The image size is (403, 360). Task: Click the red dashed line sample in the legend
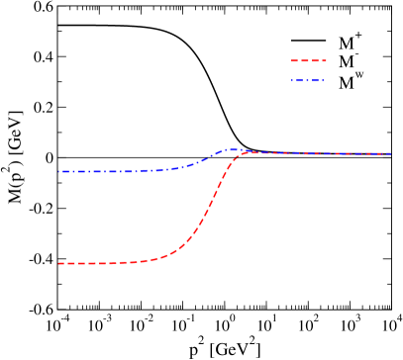[x=308, y=60]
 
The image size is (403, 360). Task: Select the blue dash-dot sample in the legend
[x=308, y=80]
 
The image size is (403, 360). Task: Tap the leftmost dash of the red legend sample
[x=294, y=60]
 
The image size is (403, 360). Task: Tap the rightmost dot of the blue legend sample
[x=323, y=80]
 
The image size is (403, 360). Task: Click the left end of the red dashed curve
[x=58, y=263]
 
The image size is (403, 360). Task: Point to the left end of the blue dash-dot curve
[x=59, y=171]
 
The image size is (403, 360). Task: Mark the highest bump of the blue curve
[x=234, y=149]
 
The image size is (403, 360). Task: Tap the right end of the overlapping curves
[x=391, y=153]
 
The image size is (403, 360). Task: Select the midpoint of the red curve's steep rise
[x=211, y=207]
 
